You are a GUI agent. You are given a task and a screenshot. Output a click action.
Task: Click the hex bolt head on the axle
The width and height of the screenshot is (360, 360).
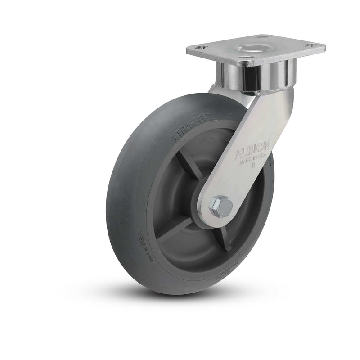click(220, 207)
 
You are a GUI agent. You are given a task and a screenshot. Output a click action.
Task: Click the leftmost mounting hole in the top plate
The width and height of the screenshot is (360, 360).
click(202, 47)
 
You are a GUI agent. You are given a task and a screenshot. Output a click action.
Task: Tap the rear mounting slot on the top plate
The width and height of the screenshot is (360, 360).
click(263, 36)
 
